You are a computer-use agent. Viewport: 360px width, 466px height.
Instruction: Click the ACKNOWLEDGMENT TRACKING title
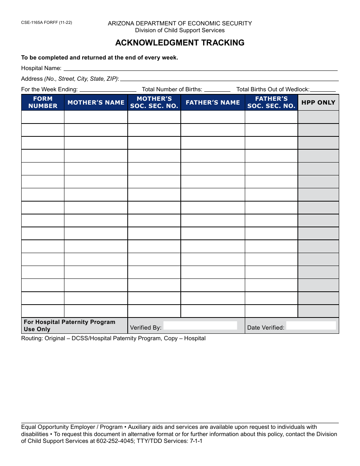coord(180,43)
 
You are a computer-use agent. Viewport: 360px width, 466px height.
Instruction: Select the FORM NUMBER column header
coord(43,102)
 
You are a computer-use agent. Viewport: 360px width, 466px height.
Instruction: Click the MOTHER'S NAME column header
coord(96,102)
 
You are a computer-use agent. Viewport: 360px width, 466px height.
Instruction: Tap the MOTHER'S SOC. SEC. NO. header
coord(154,102)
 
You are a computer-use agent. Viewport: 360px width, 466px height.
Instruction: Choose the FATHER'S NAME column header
coord(213,102)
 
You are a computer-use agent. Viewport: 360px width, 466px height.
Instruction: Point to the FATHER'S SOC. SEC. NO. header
coord(271,102)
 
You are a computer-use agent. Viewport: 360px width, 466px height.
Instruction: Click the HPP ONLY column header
coord(318,102)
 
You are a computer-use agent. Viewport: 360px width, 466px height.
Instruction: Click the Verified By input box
coord(200,326)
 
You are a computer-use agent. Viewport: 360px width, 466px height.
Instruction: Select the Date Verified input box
coord(311,326)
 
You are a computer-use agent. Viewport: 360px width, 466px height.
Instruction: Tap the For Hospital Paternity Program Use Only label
coord(70,325)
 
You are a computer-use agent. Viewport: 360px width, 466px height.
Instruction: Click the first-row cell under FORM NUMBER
coord(43,117)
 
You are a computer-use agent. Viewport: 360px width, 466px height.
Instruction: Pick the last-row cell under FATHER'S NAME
coord(213,311)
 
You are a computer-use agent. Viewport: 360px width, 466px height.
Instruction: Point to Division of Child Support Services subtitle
coord(180,30)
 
